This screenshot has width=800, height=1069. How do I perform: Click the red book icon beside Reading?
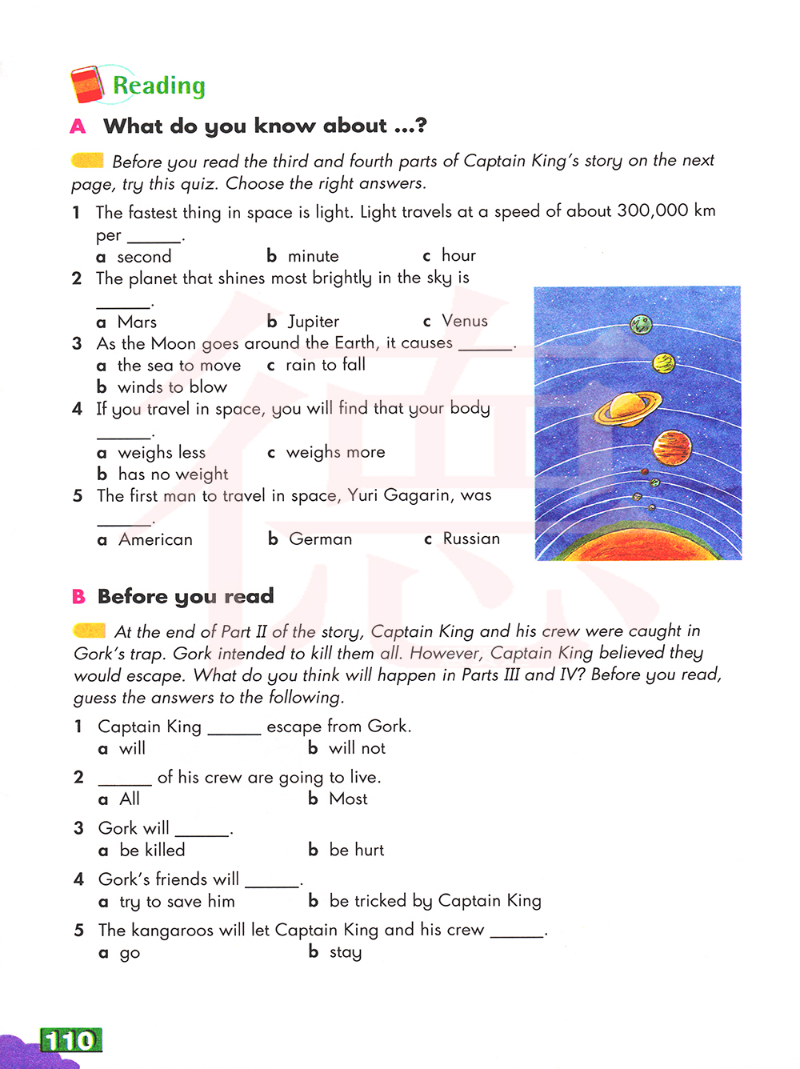[x=87, y=85]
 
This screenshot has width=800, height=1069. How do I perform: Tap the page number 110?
[x=70, y=1040]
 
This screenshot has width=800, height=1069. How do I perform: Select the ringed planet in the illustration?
[x=626, y=407]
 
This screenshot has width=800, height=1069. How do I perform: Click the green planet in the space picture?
[x=640, y=324]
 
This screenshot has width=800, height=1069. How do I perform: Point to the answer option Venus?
[x=464, y=321]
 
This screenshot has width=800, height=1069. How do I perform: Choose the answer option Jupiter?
[x=313, y=322]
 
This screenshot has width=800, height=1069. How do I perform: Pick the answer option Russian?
[x=470, y=539]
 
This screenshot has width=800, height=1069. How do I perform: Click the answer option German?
[x=320, y=539]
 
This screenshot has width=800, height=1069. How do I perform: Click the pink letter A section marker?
[x=78, y=126]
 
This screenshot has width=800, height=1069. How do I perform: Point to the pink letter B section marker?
[x=78, y=596]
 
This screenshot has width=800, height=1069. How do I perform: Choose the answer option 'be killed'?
[x=152, y=850]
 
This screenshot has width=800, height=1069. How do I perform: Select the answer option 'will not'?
[x=357, y=748]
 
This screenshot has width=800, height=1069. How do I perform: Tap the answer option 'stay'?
[x=345, y=952]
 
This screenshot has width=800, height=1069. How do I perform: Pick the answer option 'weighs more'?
[x=335, y=452]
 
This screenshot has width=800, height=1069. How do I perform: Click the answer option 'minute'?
[x=313, y=256]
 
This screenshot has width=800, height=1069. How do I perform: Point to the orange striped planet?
[x=671, y=446]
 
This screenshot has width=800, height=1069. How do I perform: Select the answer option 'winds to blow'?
[x=172, y=387]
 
